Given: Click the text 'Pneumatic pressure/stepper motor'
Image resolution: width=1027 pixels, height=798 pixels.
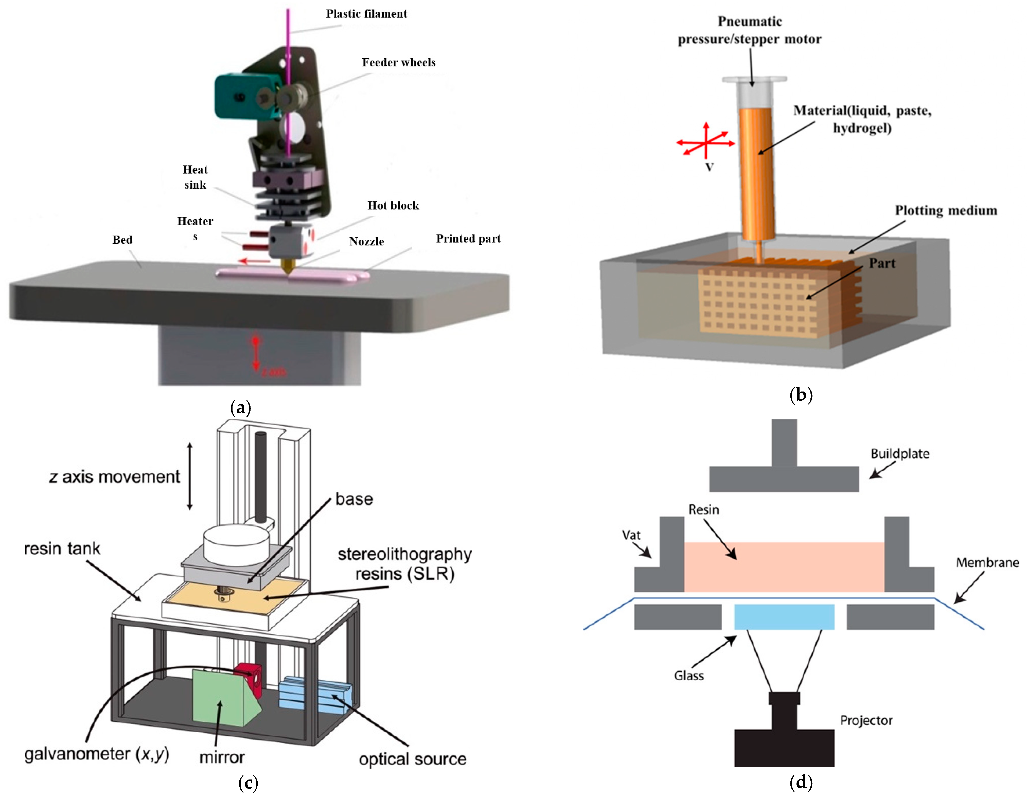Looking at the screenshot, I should tap(750, 30).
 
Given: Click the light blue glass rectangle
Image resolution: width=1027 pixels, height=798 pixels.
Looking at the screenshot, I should tap(784, 617).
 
